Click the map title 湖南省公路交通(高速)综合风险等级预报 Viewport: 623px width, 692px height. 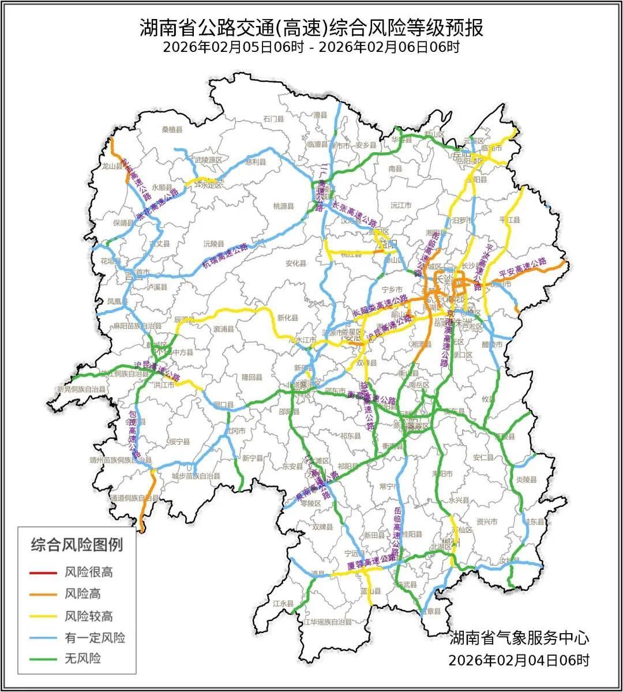[x=311, y=27]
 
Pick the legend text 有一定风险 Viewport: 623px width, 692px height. [x=95, y=637]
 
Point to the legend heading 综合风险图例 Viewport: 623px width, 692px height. [x=77, y=544]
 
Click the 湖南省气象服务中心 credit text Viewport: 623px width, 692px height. [x=519, y=638]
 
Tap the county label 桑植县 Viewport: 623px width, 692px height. [x=172, y=129]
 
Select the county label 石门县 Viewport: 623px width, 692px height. [x=273, y=119]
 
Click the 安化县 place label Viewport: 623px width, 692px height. [x=295, y=264]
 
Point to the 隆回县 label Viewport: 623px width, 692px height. [x=252, y=377]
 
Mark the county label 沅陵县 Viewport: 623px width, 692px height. [x=213, y=243]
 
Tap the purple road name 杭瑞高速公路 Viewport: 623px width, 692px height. [x=225, y=254]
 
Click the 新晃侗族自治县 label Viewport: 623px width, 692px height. [x=81, y=390]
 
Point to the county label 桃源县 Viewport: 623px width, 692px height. [x=283, y=206]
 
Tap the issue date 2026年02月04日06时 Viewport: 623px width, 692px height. [x=519, y=660]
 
